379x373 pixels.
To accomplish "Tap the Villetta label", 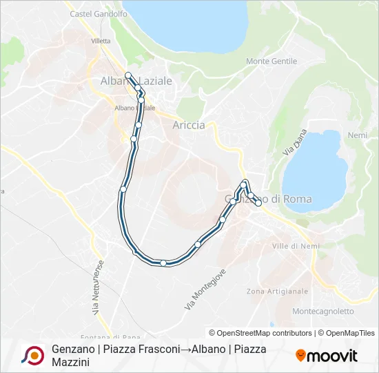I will (x=101, y=41).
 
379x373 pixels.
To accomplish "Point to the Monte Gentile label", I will (x=272, y=61).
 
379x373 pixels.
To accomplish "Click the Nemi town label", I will (x=358, y=135).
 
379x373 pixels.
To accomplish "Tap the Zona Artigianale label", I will (x=277, y=291).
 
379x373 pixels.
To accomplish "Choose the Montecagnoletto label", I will (x=323, y=312).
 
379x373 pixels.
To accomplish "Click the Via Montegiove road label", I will (x=205, y=289).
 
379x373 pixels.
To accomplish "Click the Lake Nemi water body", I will (x=315, y=166).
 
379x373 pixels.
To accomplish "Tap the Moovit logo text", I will (x=332, y=356).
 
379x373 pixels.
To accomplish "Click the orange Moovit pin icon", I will (x=300, y=355).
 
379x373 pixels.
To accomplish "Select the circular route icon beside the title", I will (x=32, y=355).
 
